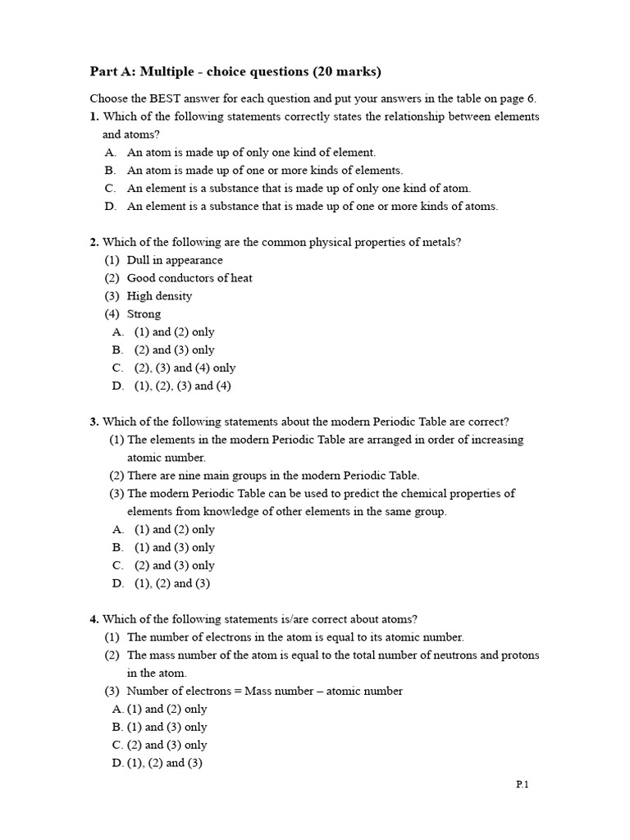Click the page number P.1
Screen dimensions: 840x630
point(523,785)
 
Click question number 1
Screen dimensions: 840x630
point(94,116)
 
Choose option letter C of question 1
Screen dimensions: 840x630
point(110,189)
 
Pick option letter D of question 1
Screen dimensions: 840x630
point(110,207)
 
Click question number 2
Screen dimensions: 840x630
point(94,242)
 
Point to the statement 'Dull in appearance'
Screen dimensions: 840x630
point(175,260)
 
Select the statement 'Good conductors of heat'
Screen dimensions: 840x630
point(189,278)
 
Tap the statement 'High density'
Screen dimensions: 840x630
point(159,296)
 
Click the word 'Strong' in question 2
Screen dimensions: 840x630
point(144,314)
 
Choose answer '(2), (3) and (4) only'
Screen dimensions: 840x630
point(185,368)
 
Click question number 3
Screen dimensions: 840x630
point(94,422)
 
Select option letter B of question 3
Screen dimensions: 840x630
point(118,548)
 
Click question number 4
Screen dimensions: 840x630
point(94,619)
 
